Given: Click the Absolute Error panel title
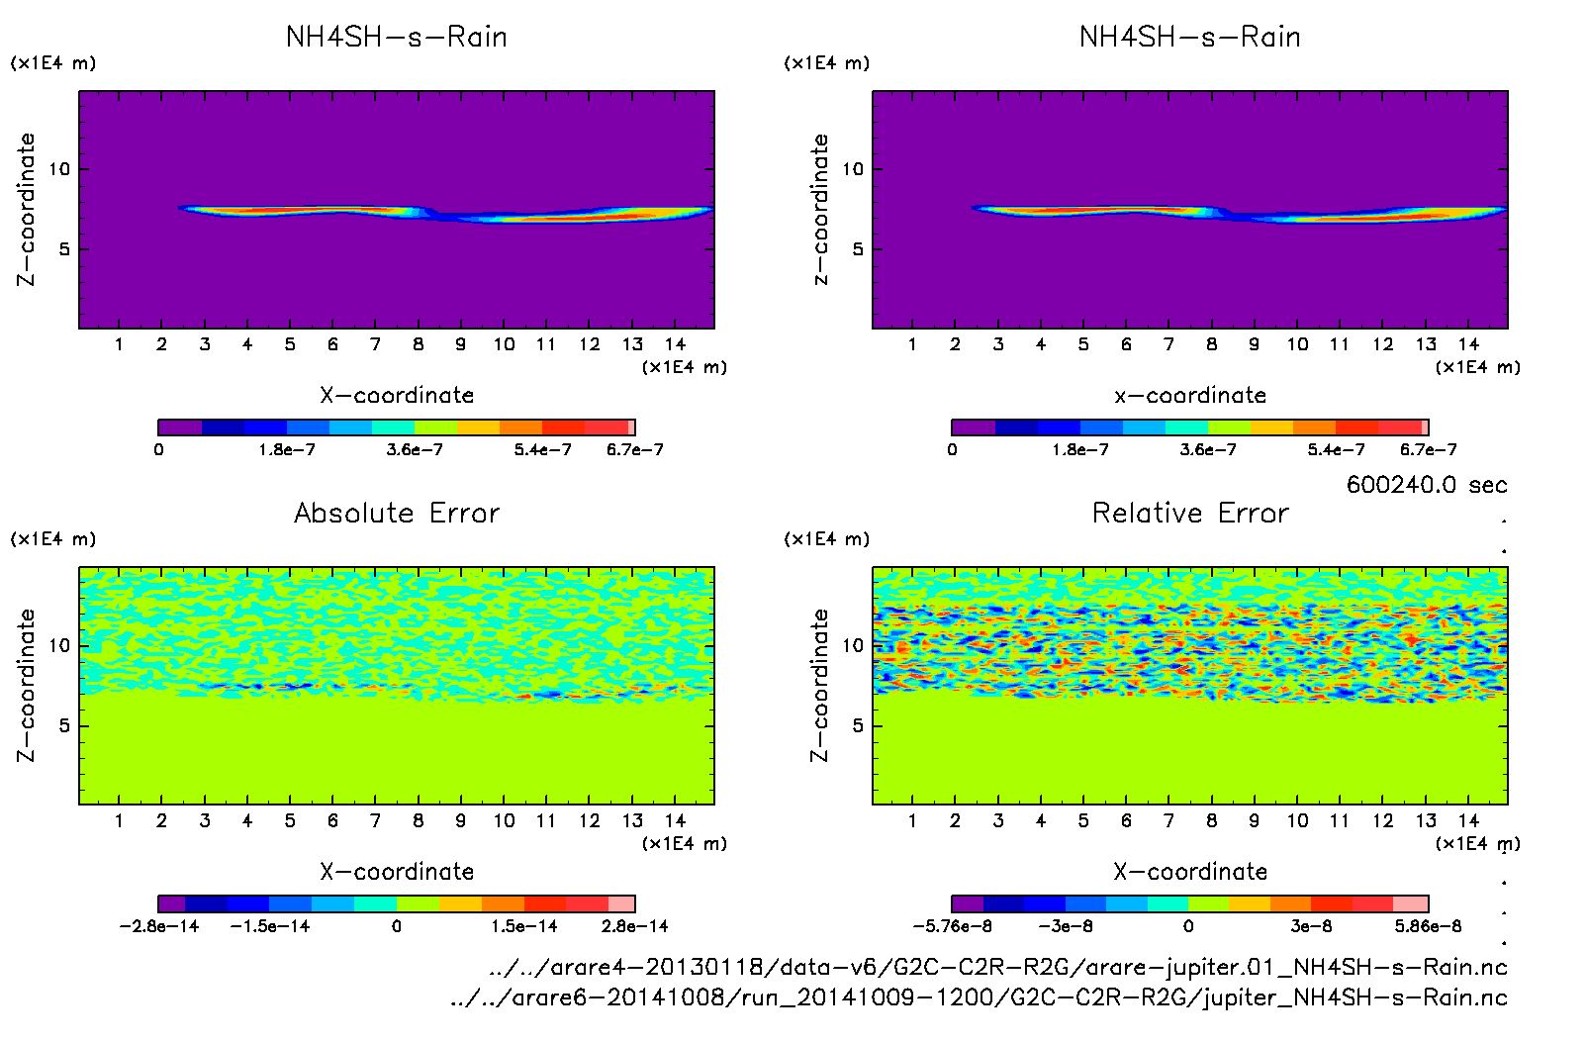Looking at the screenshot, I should click(x=397, y=513).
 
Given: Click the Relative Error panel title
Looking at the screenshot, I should click(x=1190, y=513).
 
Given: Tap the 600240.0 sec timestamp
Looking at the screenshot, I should click(x=1426, y=485).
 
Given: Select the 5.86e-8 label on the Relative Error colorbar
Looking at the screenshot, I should click(x=1428, y=926).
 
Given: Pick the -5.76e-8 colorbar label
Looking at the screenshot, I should click(x=952, y=926).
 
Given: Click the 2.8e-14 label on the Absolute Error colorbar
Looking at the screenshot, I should click(x=634, y=926).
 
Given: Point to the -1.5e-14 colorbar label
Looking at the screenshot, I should click(x=270, y=926).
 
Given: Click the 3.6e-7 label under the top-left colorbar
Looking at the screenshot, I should click(x=415, y=450).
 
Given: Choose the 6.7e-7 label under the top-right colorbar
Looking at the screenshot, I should click(x=1428, y=450).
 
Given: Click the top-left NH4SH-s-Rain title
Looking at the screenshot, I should click(x=397, y=38).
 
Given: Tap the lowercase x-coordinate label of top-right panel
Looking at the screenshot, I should click(x=1190, y=396).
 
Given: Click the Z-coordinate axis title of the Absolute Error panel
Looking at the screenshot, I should click(x=27, y=685).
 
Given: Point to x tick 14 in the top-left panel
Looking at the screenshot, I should click(x=675, y=344).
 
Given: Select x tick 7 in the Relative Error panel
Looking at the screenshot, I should click(x=1168, y=820).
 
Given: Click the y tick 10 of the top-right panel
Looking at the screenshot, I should click(x=852, y=169).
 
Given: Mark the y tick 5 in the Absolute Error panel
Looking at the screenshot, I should click(x=64, y=725).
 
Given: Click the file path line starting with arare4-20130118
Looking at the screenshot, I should click(x=997, y=967).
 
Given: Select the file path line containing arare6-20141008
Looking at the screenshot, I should click(x=979, y=997).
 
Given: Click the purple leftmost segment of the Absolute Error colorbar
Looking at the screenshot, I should click(x=171, y=903).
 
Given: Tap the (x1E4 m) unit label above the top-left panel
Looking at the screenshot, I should click(x=53, y=63).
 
